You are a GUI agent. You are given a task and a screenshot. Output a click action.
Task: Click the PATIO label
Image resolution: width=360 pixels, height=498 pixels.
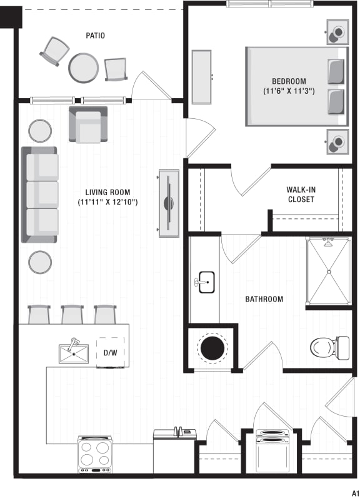tap(95, 36)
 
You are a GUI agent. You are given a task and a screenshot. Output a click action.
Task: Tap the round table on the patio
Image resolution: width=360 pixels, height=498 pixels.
tap(83, 67)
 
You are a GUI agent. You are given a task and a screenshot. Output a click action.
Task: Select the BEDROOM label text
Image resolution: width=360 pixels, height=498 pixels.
tap(288, 81)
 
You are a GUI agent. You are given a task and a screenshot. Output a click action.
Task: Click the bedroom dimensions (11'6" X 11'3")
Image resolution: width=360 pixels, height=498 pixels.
tap(288, 91)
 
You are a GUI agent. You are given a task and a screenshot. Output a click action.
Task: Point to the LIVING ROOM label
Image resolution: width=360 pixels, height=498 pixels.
tap(107, 192)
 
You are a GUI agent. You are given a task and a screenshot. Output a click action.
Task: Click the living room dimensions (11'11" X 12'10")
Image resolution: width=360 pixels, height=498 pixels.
tap(107, 202)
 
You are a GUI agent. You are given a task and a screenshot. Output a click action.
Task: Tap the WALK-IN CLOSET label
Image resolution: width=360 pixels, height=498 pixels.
tap(301, 195)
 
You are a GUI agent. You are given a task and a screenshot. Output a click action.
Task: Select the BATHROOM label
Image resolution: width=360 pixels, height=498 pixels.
tap(264, 299)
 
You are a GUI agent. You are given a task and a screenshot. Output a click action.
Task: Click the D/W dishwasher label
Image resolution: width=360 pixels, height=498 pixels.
tap(110, 353)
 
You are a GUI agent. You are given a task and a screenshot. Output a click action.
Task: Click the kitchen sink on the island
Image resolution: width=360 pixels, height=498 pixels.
tap(74, 353)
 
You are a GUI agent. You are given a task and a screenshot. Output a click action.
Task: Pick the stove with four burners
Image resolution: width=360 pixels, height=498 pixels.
tap(94, 453)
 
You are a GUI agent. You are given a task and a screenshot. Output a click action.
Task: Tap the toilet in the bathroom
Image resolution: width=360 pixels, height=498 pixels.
tap(329, 347)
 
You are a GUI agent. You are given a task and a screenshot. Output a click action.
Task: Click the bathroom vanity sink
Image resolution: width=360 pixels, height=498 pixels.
tap(205, 282)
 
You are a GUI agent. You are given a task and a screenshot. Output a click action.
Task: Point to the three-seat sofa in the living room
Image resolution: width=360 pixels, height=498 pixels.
tap(41, 195)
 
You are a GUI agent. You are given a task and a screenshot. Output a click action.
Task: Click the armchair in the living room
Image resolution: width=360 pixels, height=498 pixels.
tap(88, 124)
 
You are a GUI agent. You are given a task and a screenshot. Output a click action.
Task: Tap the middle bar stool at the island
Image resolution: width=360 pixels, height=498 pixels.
tap(72, 314)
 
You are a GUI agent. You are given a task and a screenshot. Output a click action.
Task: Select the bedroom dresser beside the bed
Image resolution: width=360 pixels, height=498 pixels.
tap(201, 77)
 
